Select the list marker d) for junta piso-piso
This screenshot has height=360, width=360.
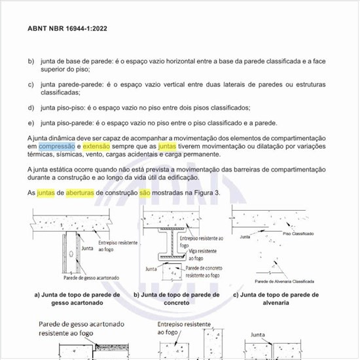(31, 107)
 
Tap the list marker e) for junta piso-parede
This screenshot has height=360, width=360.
(31, 123)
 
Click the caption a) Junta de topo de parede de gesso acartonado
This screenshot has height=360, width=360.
(77, 299)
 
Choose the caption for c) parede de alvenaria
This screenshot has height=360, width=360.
(276, 299)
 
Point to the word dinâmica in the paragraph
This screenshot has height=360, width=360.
(67, 138)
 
